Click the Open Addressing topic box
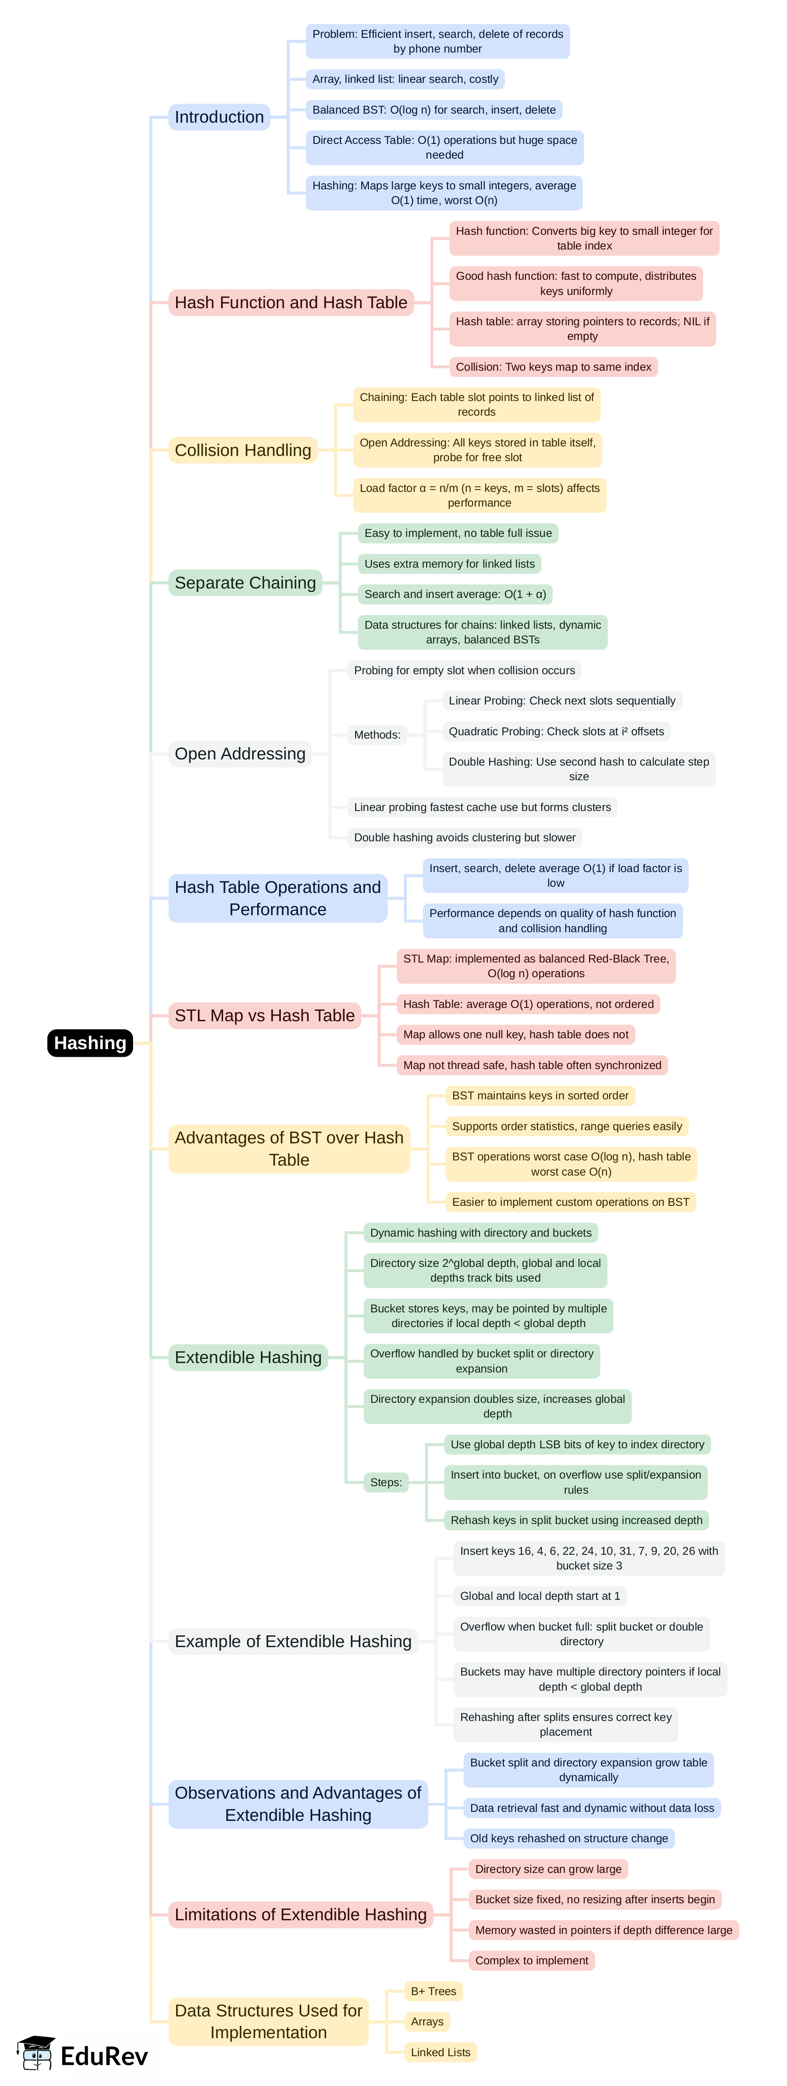240,754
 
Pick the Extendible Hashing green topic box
248,1357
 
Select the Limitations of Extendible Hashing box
300,1914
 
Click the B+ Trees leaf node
433,1991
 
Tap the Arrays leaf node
427,2022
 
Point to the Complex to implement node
531,1961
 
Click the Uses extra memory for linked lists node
449,563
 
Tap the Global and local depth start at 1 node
539,1596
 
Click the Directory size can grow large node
548,1869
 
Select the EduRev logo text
104,2056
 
